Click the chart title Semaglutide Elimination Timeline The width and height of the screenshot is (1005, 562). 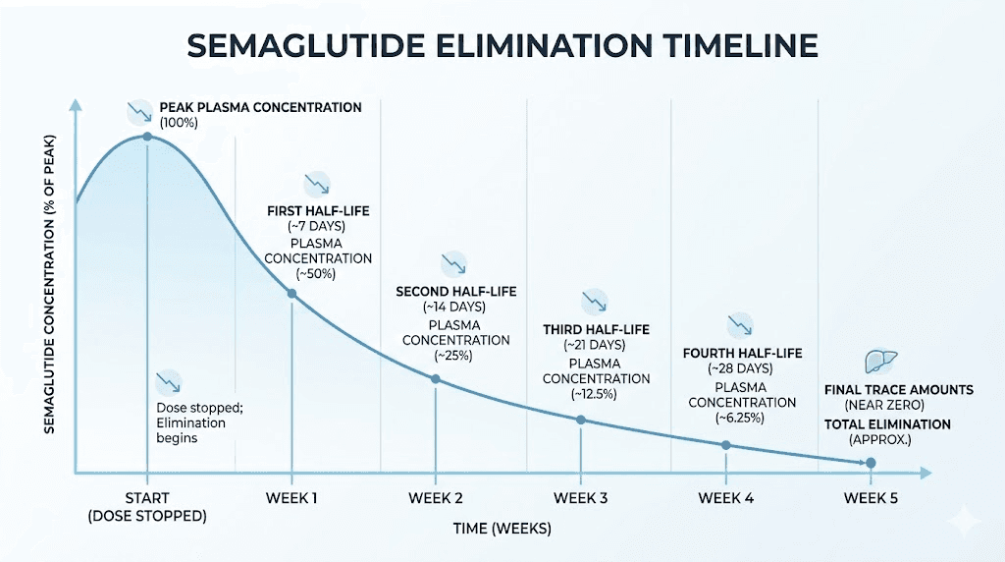click(x=502, y=45)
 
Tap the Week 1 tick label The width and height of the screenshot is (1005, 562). click(x=291, y=497)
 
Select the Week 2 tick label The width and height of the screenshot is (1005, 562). click(x=436, y=497)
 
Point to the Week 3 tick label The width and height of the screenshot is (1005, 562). click(x=580, y=497)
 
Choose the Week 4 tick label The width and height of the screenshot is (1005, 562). click(x=725, y=497)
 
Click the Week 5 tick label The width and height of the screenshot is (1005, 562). click(x=871, y=497)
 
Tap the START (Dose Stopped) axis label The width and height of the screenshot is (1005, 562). click(x=146, y=506)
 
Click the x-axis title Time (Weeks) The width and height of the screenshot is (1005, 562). click(x=502, y=529)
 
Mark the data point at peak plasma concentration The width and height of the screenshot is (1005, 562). click(x=147, y=136)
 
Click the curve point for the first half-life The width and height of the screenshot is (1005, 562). click(x=291, y=294)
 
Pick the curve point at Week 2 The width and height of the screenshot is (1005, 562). click(x=436, y=378)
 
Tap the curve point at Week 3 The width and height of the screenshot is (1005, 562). click(x=580, y=420)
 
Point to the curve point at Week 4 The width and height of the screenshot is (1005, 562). click(x=725, y=445)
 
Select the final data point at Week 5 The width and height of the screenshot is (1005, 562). click(x=871, y=462)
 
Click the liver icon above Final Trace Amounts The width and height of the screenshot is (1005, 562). click(x=880, y=361)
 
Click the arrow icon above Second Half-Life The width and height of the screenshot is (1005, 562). click(x=452, y=263)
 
